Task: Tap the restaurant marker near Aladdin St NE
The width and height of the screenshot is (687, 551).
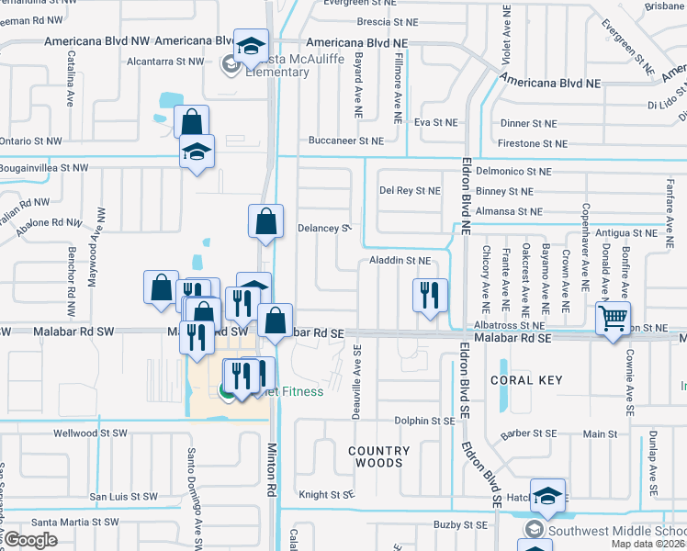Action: coord(429,296)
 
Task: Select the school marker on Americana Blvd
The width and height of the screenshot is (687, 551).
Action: coord(250,47)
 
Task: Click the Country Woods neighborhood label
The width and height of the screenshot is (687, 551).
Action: coord(378,456)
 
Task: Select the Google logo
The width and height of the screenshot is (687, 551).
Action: coord(29,539)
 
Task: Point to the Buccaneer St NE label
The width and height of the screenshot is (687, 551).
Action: coord(345,141)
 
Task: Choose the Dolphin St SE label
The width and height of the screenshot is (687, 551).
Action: coord(424,421)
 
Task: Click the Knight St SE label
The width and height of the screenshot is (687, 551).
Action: coord(326,494)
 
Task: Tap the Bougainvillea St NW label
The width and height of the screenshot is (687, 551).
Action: coord(44,168)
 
